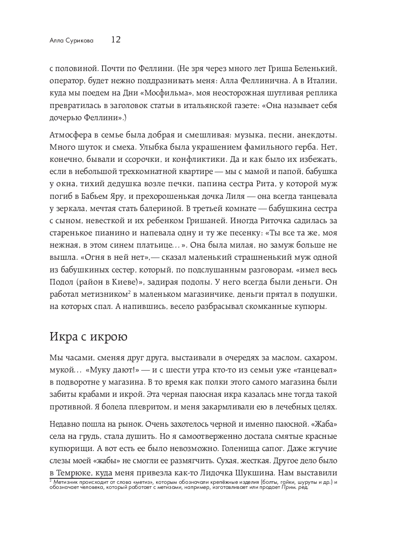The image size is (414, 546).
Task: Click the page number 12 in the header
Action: (x=116, y=40)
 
